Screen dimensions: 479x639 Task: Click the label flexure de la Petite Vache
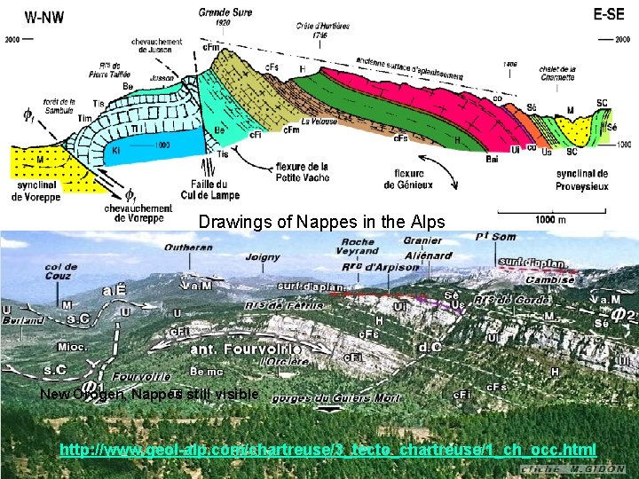click(x=303, y=171)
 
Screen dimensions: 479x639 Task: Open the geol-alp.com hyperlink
click(x=327, y=450)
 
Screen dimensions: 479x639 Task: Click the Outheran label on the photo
click(x=188, y=247)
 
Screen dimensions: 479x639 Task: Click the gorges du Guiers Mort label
click(x=336, y=398)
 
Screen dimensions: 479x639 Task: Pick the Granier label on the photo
click(x=422, y=240)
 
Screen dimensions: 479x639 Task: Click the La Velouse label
click(x=319, y=122)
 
